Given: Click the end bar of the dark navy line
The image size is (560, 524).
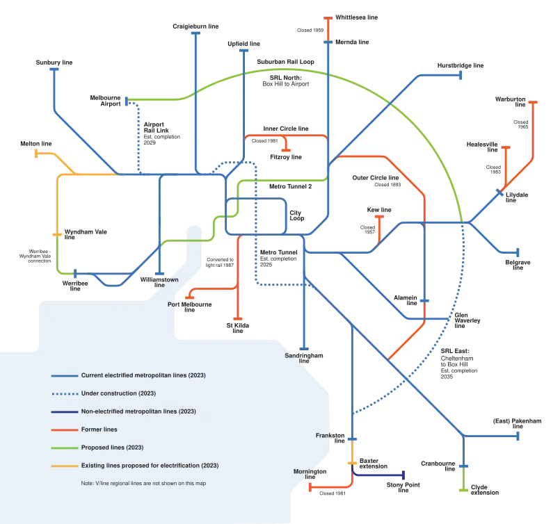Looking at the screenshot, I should tap(404, 475).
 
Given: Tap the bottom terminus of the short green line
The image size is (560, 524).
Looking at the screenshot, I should tap(463, 491).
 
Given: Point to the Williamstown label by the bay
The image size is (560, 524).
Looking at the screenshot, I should tap(167, 280).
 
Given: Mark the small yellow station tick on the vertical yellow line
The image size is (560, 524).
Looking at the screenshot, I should tap(56, 232).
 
